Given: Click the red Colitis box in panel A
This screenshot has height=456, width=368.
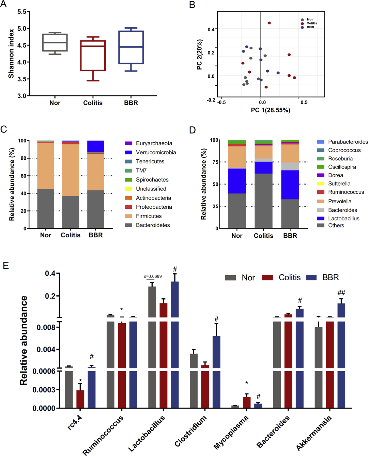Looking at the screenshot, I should coord(93,56).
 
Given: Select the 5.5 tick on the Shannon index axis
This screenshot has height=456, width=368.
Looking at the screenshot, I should coord(22,12).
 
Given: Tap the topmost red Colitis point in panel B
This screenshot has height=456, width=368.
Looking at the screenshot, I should coord(269,23).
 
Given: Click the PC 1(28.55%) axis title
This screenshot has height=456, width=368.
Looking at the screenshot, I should coord(271,110).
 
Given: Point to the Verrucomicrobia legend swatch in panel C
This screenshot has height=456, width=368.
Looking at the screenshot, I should coord(128,152).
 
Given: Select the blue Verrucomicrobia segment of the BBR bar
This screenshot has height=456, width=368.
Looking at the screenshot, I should coord(96,146).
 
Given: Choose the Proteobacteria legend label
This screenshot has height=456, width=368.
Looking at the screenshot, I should coord(154,207).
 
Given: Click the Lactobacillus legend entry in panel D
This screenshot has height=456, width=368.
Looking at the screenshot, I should coord(343,218).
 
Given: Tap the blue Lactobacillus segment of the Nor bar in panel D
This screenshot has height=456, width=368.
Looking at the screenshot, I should coord(237,181).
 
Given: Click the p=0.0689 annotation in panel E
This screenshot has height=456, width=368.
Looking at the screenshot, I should coord(153,277).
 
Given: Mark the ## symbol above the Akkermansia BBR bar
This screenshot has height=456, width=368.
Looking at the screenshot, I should coord(341,293).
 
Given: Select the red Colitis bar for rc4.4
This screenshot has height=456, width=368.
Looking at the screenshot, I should coord(80,399).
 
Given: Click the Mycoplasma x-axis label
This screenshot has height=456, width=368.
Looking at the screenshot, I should coord(231,433).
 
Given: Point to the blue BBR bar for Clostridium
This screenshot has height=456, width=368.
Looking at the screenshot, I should coord(216,371).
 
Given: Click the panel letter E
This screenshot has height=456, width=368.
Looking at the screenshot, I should coord(6,265).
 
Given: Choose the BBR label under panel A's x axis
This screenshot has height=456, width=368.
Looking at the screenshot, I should coord(131,103).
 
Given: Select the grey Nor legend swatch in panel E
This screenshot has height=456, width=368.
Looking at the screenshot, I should coord(231,278).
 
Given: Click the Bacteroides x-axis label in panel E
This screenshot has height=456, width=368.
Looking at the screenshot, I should coord(273,431).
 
